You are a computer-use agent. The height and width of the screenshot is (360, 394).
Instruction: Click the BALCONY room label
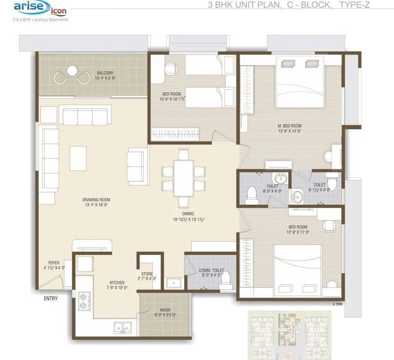pos(106,73)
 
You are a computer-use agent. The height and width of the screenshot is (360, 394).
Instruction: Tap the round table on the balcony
pos(72,71)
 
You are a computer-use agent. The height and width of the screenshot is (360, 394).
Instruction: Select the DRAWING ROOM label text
pos(96,200)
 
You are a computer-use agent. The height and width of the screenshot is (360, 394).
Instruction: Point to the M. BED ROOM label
pos(289,126)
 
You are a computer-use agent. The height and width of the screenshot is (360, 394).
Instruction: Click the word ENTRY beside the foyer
pos(51,298)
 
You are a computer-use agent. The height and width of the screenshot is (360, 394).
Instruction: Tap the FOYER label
pos(54,263)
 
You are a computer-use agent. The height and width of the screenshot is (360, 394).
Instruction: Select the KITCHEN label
pos(117,283)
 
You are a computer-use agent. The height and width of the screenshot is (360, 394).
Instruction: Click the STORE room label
pos(147,274)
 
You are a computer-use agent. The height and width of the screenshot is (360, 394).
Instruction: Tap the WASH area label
pos(165,310)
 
